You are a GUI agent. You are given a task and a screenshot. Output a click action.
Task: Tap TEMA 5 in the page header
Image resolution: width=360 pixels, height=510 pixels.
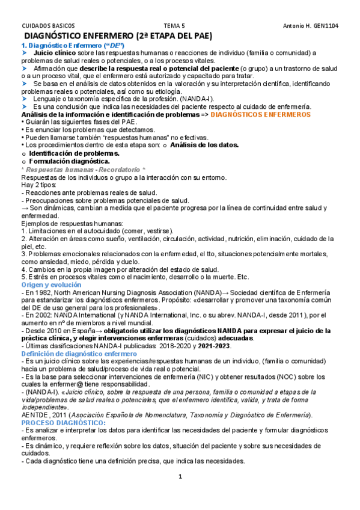tap(175, 26)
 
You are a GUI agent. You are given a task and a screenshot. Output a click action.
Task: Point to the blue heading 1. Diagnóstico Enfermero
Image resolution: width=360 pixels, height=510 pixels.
tap(72, 46)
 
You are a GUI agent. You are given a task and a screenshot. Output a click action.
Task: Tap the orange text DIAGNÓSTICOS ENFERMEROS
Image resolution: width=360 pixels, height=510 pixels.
tap(260, 114)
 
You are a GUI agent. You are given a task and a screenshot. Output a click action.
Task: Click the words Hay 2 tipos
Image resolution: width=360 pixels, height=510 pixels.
tap(40, 185)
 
